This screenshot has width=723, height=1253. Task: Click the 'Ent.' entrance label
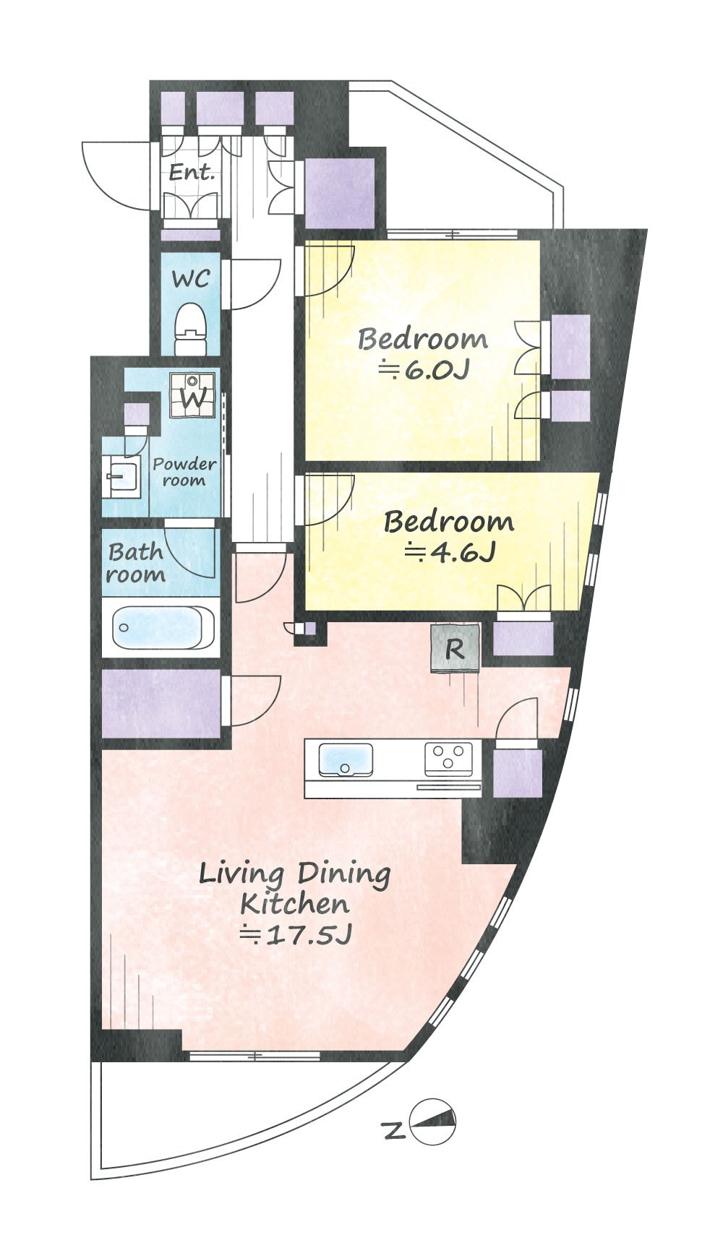click(x=192, y=173)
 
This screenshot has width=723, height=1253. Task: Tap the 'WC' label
click(x=191, y=279)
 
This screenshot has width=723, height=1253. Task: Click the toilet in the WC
click(x=191, y=329)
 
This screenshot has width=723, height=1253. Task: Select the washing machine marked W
click(x=192, y=395)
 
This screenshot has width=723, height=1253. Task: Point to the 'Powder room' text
click(x=184, y=472)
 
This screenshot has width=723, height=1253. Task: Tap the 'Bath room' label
click(x=136, y=564)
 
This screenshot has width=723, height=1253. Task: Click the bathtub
click(x=163, y=627)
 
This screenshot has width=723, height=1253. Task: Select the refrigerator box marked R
click(x=455, y=648)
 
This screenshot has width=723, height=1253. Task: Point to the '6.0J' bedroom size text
click(x=425, y=371)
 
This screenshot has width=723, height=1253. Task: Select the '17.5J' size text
click(x=296, y=935)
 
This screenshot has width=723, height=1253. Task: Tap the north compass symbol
click(x=433, y=1121)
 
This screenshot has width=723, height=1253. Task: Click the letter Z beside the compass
click(x=393, y=1130)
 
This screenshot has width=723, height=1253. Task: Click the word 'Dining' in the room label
click(x=344, y=875)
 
